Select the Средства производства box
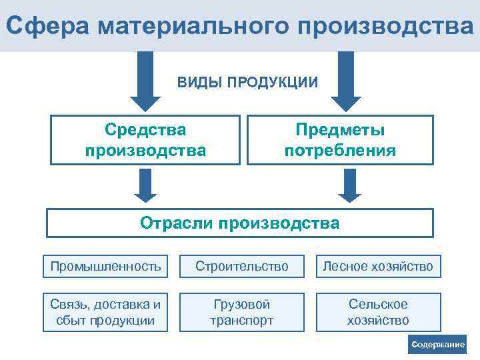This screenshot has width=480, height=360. (x=145, y=140)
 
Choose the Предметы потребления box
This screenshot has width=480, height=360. (x=340, y=140)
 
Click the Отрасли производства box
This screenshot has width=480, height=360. (x=239, y=223)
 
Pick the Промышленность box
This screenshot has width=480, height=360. (x=105, y=267)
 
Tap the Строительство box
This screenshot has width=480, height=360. (x=241, y=267)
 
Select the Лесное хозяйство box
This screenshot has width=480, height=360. (x=378, y=267)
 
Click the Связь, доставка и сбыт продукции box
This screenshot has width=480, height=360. (x=105, y=312)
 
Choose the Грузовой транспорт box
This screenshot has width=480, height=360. (x=241, y=312)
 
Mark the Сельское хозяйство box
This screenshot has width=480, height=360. (x=378, y=312)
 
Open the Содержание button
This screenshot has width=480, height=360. (x=437, y=344)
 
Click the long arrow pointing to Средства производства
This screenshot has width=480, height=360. (x=145, y=80)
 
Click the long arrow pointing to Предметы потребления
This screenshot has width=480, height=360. (x=346, y=80)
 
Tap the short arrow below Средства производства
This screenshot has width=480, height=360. (x=145, y=185)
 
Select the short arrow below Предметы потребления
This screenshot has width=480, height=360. (x=349, y=185)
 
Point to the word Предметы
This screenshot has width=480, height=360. (x=340, y=130)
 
